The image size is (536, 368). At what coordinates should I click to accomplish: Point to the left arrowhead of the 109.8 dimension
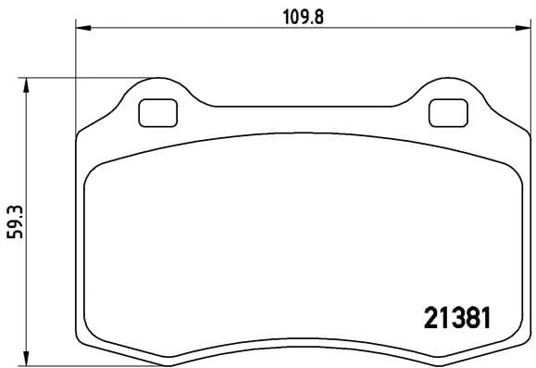[81, 29]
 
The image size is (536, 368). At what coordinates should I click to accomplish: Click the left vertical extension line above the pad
[75, 74]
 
